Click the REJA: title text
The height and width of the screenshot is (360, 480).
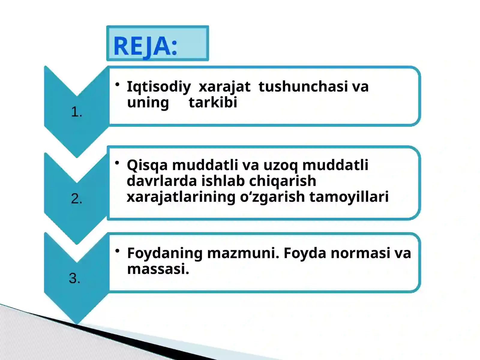145,46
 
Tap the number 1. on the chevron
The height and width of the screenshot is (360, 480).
76,112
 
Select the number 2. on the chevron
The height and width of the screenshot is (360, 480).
76,199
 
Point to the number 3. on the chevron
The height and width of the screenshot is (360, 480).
75,278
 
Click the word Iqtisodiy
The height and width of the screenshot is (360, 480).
159,87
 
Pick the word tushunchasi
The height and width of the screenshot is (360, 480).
303,86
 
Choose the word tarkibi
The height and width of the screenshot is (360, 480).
213,102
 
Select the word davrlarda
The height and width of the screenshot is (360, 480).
162,181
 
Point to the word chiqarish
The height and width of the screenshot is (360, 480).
283,181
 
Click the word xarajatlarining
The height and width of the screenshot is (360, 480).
181,197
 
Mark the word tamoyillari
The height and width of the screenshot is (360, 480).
349,197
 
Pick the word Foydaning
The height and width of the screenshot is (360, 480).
165,253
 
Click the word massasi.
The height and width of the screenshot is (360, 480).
158,269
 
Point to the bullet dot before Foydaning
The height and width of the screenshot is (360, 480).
118,250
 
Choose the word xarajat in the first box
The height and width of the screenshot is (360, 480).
224,87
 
